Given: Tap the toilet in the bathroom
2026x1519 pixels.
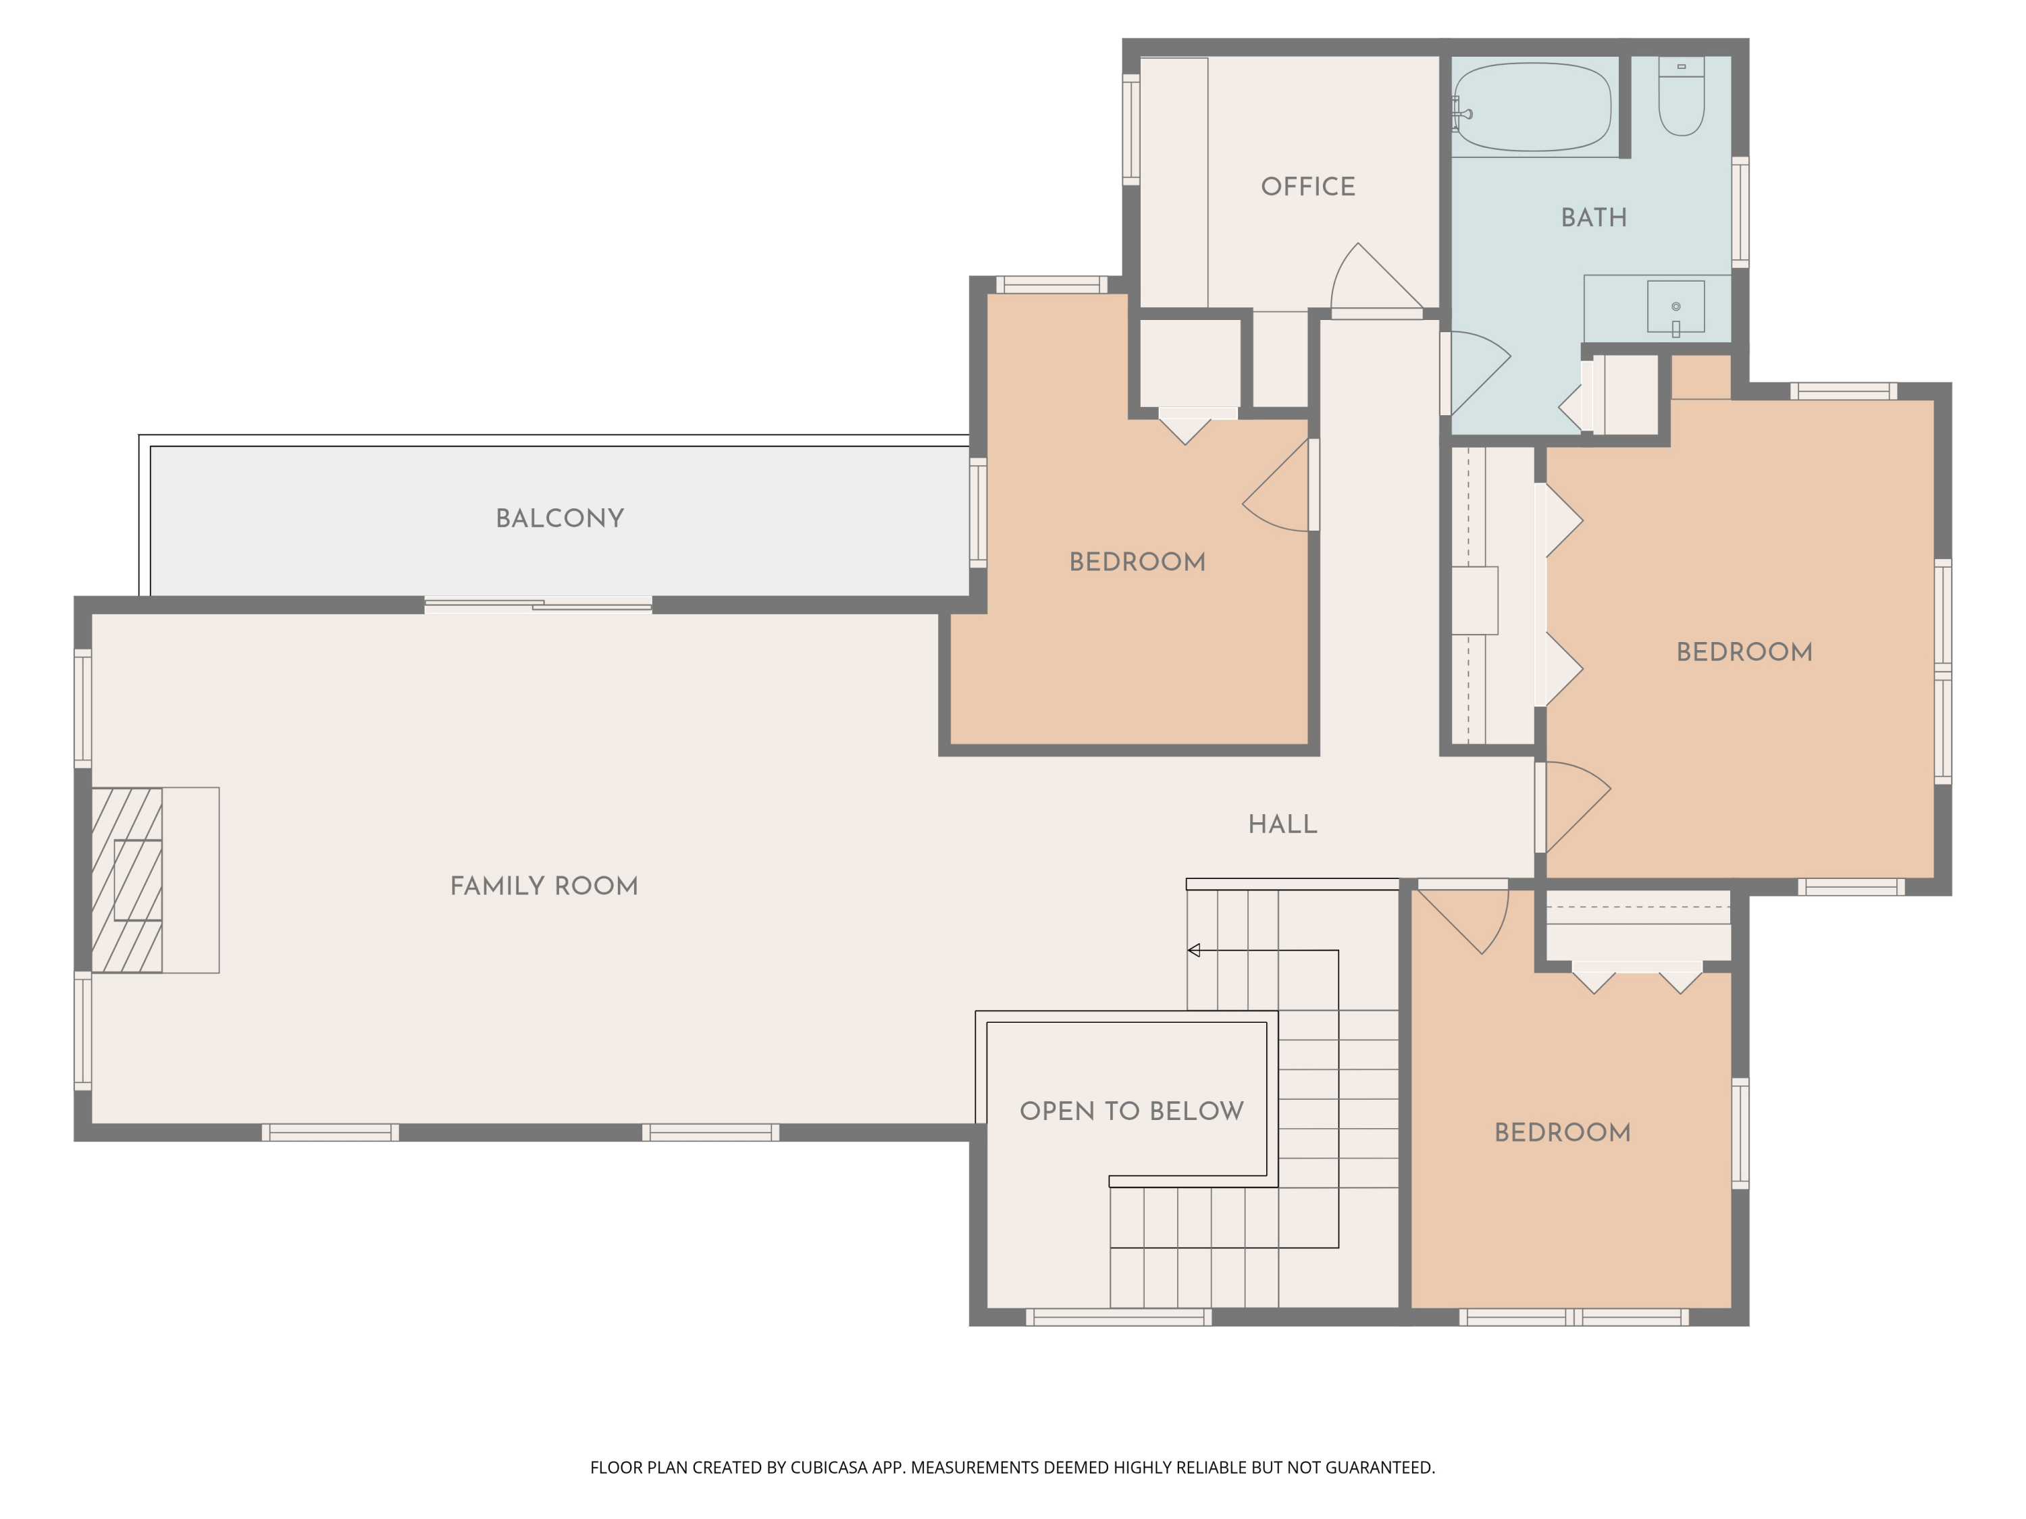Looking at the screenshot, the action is pos(1682,96).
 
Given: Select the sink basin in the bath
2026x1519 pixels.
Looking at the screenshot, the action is pos(1676,307).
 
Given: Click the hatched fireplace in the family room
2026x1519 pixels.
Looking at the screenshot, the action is pos(128,880).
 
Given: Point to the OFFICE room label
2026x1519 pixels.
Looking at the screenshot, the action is pos(1308,187).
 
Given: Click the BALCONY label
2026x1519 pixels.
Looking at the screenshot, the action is pos(560,518).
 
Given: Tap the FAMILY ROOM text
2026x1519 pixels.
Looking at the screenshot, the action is pos(544,886).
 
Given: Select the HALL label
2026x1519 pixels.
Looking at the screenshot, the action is pos(1282,824).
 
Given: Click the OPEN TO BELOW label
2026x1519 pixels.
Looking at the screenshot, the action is pos(1132,1111).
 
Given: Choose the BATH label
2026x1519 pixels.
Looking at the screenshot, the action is pos(1594,218).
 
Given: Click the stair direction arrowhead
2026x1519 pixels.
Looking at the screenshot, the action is pos(1193,951).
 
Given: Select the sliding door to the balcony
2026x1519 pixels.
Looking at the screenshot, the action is pos(538,604).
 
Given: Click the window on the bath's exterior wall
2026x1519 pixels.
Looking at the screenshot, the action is pos(1740,213).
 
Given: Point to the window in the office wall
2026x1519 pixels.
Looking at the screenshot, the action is pos(1131,129).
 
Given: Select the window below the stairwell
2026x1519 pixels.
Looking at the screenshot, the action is pos(1118,1318).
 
